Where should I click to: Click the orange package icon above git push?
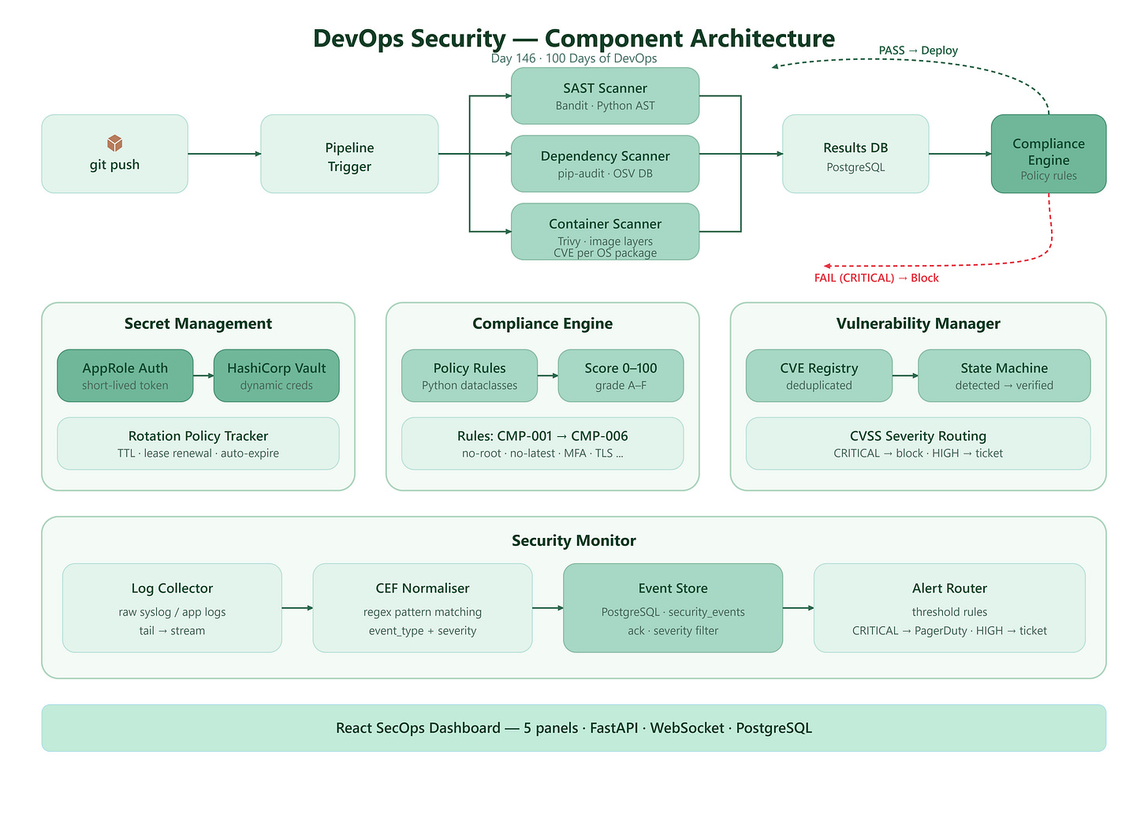(x=115, y=143)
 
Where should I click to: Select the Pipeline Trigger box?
(x=349, y=154)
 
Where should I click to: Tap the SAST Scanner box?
(x=606, y=96)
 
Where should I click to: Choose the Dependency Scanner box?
(x=606, y=163)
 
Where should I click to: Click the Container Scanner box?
(x=606, y=232)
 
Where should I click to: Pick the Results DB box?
(x=855, y=154)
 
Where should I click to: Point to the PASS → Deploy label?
(x=919, y=50)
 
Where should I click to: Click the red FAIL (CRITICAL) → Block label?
(x=877, y=278)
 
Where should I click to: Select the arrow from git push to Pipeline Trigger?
(x=225, y=154)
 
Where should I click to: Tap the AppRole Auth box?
(x=125, y=375)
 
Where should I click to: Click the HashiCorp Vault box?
(x=276, y=375)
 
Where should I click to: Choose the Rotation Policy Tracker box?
(x=199, y=443)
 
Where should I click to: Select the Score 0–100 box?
(x=621, y=375)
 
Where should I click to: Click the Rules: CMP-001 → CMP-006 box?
(x=542, y=443)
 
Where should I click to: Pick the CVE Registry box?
(x=819, y=375)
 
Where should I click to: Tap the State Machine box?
(x=1004, y=375)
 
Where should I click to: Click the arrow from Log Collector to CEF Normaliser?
(x=297, y=608)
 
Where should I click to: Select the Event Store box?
(x=673, y=608)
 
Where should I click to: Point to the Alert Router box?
(x=949, y=608)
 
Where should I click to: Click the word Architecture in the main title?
(x=762, y=38)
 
